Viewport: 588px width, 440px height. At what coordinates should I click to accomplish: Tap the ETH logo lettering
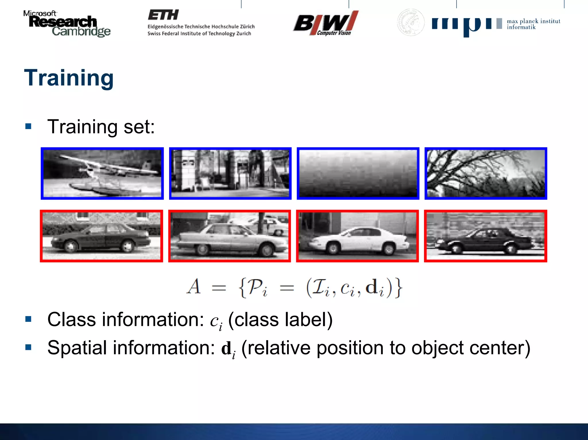(x=163, y=15)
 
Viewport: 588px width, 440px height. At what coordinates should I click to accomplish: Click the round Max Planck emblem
(x=411, y=22)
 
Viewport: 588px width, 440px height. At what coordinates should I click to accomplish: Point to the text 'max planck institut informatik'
(x=533, y=24)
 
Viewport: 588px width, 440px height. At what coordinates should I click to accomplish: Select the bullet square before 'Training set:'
(x=28, y=126)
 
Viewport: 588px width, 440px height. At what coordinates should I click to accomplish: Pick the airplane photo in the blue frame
(x=102, y=174)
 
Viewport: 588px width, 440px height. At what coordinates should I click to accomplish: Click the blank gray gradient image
(x=358, y=174)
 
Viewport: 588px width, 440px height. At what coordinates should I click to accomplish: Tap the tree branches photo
(x=486, y=174)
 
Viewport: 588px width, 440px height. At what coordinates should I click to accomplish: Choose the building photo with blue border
(x=230, y=174)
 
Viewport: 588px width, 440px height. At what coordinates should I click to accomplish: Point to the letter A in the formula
(x=194, y=287)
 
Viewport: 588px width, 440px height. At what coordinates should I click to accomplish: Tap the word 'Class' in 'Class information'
(x=71, y=320)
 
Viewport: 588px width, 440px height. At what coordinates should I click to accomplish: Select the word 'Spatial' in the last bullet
(x=77, y=348)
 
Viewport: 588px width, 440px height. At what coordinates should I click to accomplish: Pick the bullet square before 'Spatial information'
(x=28, y=347)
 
